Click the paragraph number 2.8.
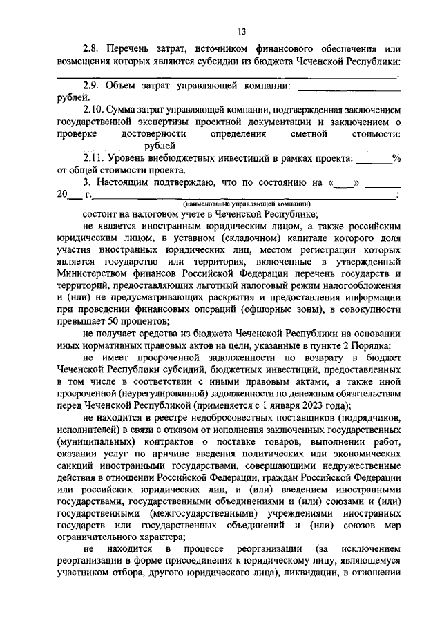pos(91,50)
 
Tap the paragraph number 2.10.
pos(94,110)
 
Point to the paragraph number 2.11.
pos(94,158)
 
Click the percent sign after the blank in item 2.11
pos(396,158)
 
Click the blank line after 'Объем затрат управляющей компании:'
pos(348,87)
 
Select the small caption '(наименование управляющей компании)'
pos(247,204)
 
